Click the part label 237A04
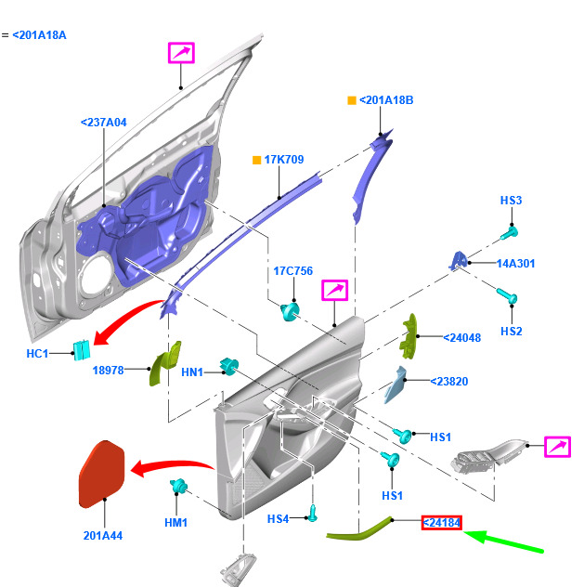(x=103, y=122)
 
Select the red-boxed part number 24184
(x=442, y=524)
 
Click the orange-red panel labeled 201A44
(x=101, y=473)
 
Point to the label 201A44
(x=102, y=535)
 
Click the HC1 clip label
(x=37, y=354)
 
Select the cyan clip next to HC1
(x=81, y=349)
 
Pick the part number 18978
(x=108, y=371)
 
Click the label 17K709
(x=284, y=160)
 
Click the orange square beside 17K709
(x=257, y=160)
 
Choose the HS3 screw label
(x=512, y=201)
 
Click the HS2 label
(x=512, y=332)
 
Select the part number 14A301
(x=515, y=264)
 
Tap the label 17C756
(x=292, y=272)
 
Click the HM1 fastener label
(x=175, y=523)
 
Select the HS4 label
(x=279, y=518)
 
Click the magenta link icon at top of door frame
(x=181, y=53)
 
